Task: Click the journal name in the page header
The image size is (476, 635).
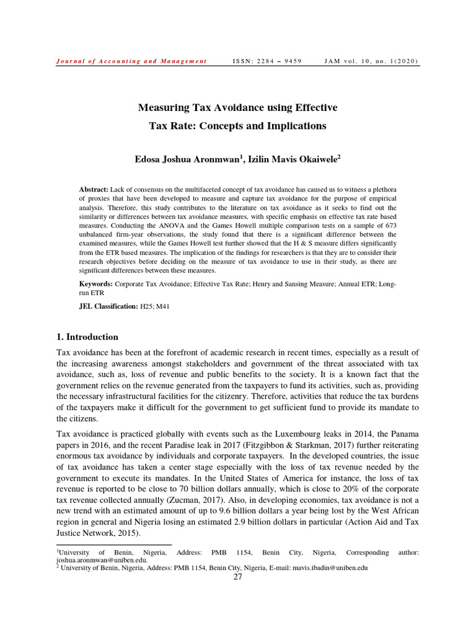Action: (x=131, y=61)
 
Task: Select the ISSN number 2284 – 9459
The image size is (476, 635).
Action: (x=267, y=61)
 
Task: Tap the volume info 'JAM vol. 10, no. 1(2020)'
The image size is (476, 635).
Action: (x=371, y=61)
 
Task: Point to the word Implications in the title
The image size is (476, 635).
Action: (x=295, y=126)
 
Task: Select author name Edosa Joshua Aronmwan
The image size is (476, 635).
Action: (x=188, y=160)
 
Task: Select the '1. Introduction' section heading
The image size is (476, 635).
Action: (x=87, y=337)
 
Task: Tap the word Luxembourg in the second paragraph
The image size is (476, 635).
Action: (x=286, y=433)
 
